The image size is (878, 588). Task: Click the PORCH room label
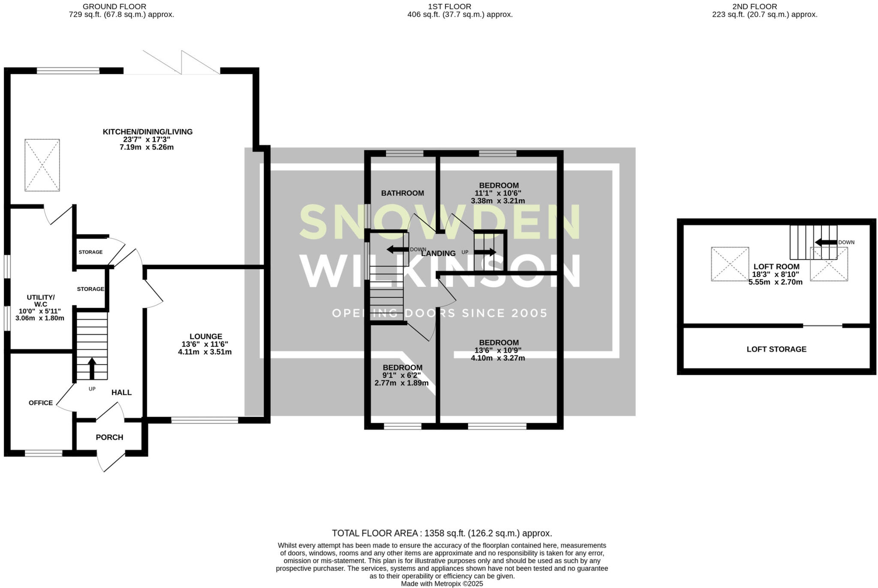[109, 437]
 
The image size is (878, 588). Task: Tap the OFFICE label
[41, 403]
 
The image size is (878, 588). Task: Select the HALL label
[122, 392]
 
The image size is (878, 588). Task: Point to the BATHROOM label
[403, 193]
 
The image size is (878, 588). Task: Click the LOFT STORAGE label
[776, 349]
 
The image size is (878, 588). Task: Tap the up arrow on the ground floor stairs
[92, 368]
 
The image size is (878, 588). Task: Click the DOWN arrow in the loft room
[826, 243]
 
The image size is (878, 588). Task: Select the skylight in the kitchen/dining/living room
[42, 165]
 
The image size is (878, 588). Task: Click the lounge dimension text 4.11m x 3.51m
[205, 352]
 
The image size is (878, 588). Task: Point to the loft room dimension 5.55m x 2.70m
[776, 282]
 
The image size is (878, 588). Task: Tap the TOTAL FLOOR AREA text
[442, 534]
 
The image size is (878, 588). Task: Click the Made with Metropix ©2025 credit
[442, 584]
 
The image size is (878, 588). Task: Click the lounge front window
[204, 420]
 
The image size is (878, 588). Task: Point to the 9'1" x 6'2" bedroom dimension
[402, 375]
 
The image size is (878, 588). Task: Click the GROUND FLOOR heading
[114, 6]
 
